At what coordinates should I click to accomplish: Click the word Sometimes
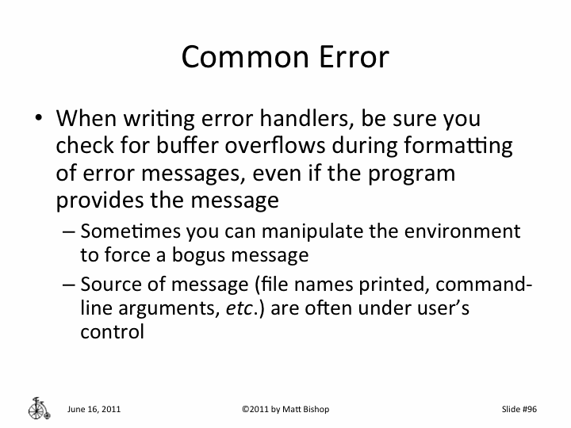point(130,231)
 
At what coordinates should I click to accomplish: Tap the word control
point(112,331)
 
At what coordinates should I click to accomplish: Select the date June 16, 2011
point(94,409)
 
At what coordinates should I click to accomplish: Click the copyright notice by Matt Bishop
point(285,409)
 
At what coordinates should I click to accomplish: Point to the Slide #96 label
point(520,409)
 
